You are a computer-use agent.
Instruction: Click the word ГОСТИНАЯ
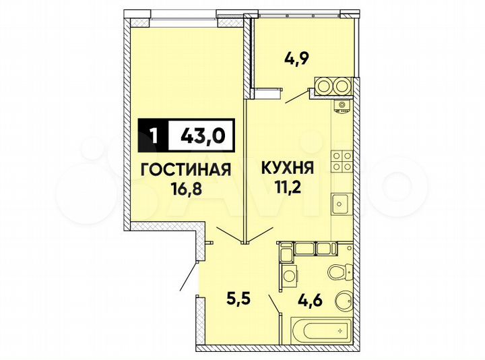(186, 170)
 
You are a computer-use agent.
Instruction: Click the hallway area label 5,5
(236, 295)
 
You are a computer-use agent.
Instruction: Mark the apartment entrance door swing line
(189, 276)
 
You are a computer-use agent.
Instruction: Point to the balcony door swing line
(296, 98)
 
